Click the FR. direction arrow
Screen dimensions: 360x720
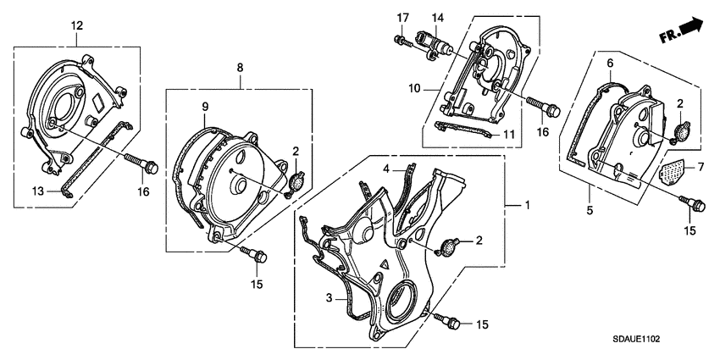click(683, 31)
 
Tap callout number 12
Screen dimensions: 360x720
click(77, 26)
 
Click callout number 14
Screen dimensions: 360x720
click(437, 18)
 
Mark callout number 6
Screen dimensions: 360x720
click(609, 64)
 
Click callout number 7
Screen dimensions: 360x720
click(700, 169)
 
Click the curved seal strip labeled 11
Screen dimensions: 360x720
click(461, 132)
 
